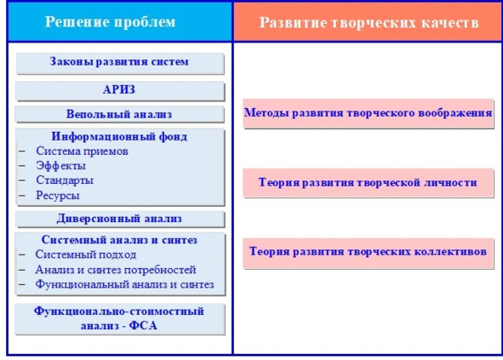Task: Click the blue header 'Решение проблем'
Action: pyautogui.click(x=119, y=22)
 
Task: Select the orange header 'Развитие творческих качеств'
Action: pyautogui.click(x=368, y=22)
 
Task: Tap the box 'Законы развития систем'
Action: pyautogui.click(x=120, y=64)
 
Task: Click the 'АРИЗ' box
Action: pyautogui.click(x=120, y=91)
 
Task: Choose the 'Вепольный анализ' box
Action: pyautogui.click(x=119, y=115)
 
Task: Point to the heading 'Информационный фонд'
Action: pyautogui.click(x=119, y=136)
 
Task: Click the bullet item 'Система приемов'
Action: pyautogui.click(x=82, y=151)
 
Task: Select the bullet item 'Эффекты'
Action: pyautogui.click(x=60, y=166)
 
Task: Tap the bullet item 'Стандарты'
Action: pyautogui.click(x=65, y=180)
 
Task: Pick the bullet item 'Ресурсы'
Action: pyautogui.click(x=58, y=195)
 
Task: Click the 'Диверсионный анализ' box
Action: pyautogui.click(x=120, y=219)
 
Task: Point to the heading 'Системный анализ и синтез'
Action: pyautogui.click(x=119, y=240)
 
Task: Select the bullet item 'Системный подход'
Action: pyautogui.click(x=86, y=254)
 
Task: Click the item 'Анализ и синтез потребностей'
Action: pyautogui.click(x=116, y=270)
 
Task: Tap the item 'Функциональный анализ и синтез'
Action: pyautogui.click(x=124, y=284)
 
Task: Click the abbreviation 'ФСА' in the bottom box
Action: pyautogui.click(x=143, y=326)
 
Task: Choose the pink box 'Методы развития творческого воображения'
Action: pyautogui.click(x=368, y=113)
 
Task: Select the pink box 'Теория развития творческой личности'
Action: pyautogui.click(x=368, y=183)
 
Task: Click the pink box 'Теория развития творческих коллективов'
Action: pyautogui.click(x=368, y=253)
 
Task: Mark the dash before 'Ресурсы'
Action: pyautogui.click(x=22, y=195)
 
